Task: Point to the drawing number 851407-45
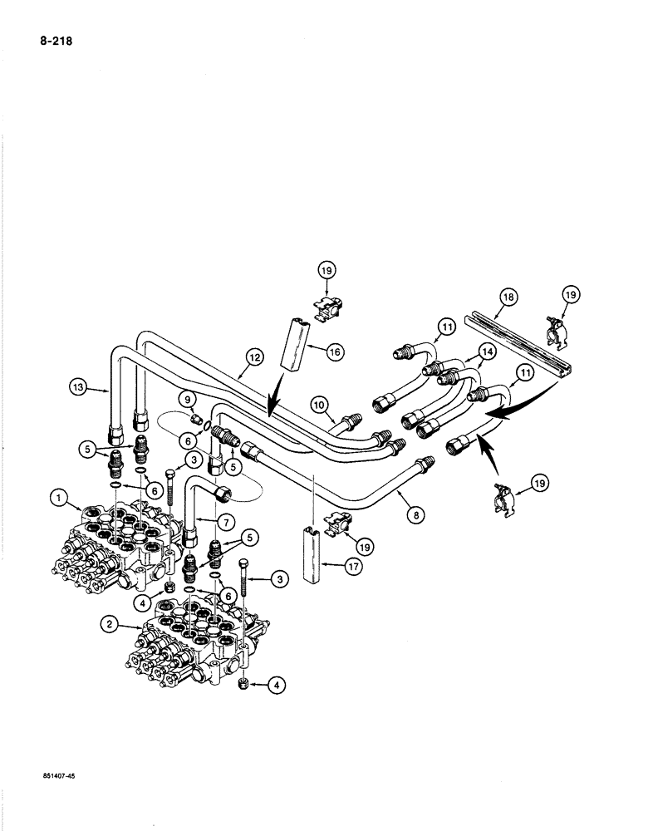coord(53,774)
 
